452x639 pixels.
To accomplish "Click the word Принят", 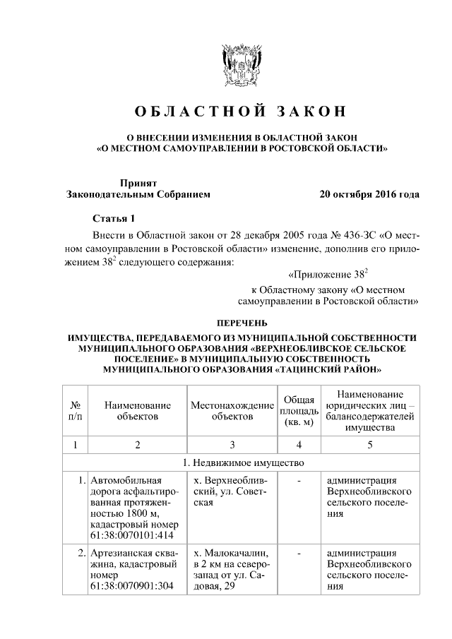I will coord(138,182).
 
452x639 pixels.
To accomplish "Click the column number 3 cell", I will coord(232,444).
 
